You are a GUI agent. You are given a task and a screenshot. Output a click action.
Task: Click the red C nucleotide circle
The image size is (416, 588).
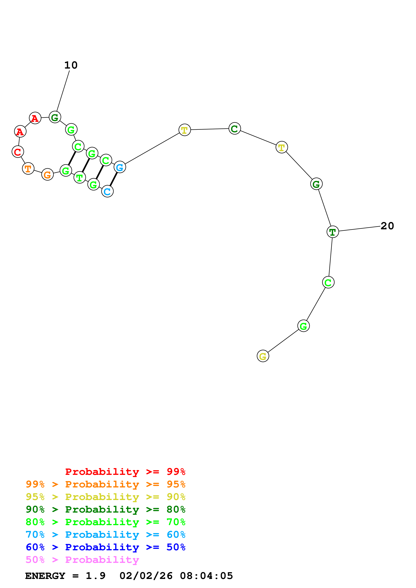tap(18, 152)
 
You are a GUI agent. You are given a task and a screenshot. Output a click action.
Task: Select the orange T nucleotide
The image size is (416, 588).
tap(28, 168)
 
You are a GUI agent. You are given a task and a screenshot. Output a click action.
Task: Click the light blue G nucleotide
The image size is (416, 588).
tap(120, 167)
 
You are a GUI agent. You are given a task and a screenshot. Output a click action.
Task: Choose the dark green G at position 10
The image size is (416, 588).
tap(55, 117)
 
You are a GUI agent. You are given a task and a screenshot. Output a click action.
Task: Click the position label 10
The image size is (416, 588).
tap(71, 65)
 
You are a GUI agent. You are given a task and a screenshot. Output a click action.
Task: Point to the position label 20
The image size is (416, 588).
tap(387, 226)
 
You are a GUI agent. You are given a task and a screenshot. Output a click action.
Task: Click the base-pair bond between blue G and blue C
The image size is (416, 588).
tap(114, 179)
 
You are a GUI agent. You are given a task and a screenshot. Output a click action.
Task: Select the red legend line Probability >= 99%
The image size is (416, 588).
tap(125, 472)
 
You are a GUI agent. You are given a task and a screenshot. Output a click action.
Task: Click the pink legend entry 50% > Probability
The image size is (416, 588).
tap(82, 560)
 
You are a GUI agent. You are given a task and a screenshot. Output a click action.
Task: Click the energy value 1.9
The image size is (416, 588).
tap(95, 576)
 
